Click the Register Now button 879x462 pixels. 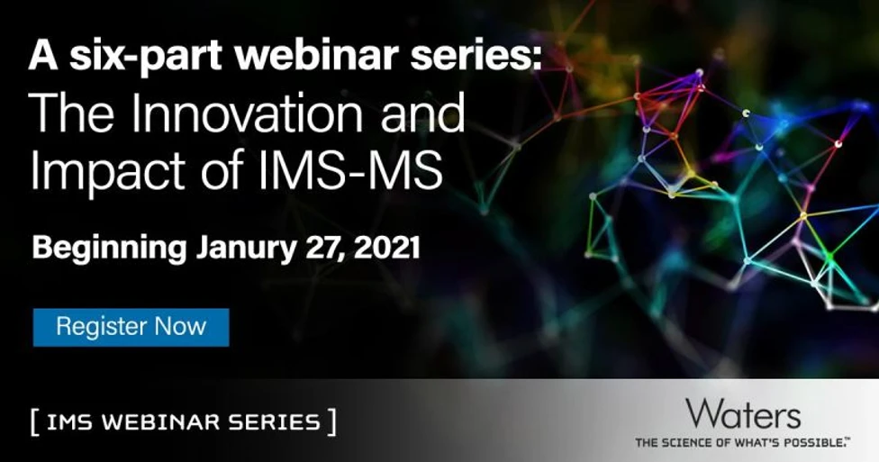[x=131, y=327]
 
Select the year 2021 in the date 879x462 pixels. [x=386, y=248]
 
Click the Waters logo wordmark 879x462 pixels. [x=742, y=414]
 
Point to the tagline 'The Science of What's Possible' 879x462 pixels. [x=742, y=443]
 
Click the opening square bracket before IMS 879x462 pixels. [x=33, y=422]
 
